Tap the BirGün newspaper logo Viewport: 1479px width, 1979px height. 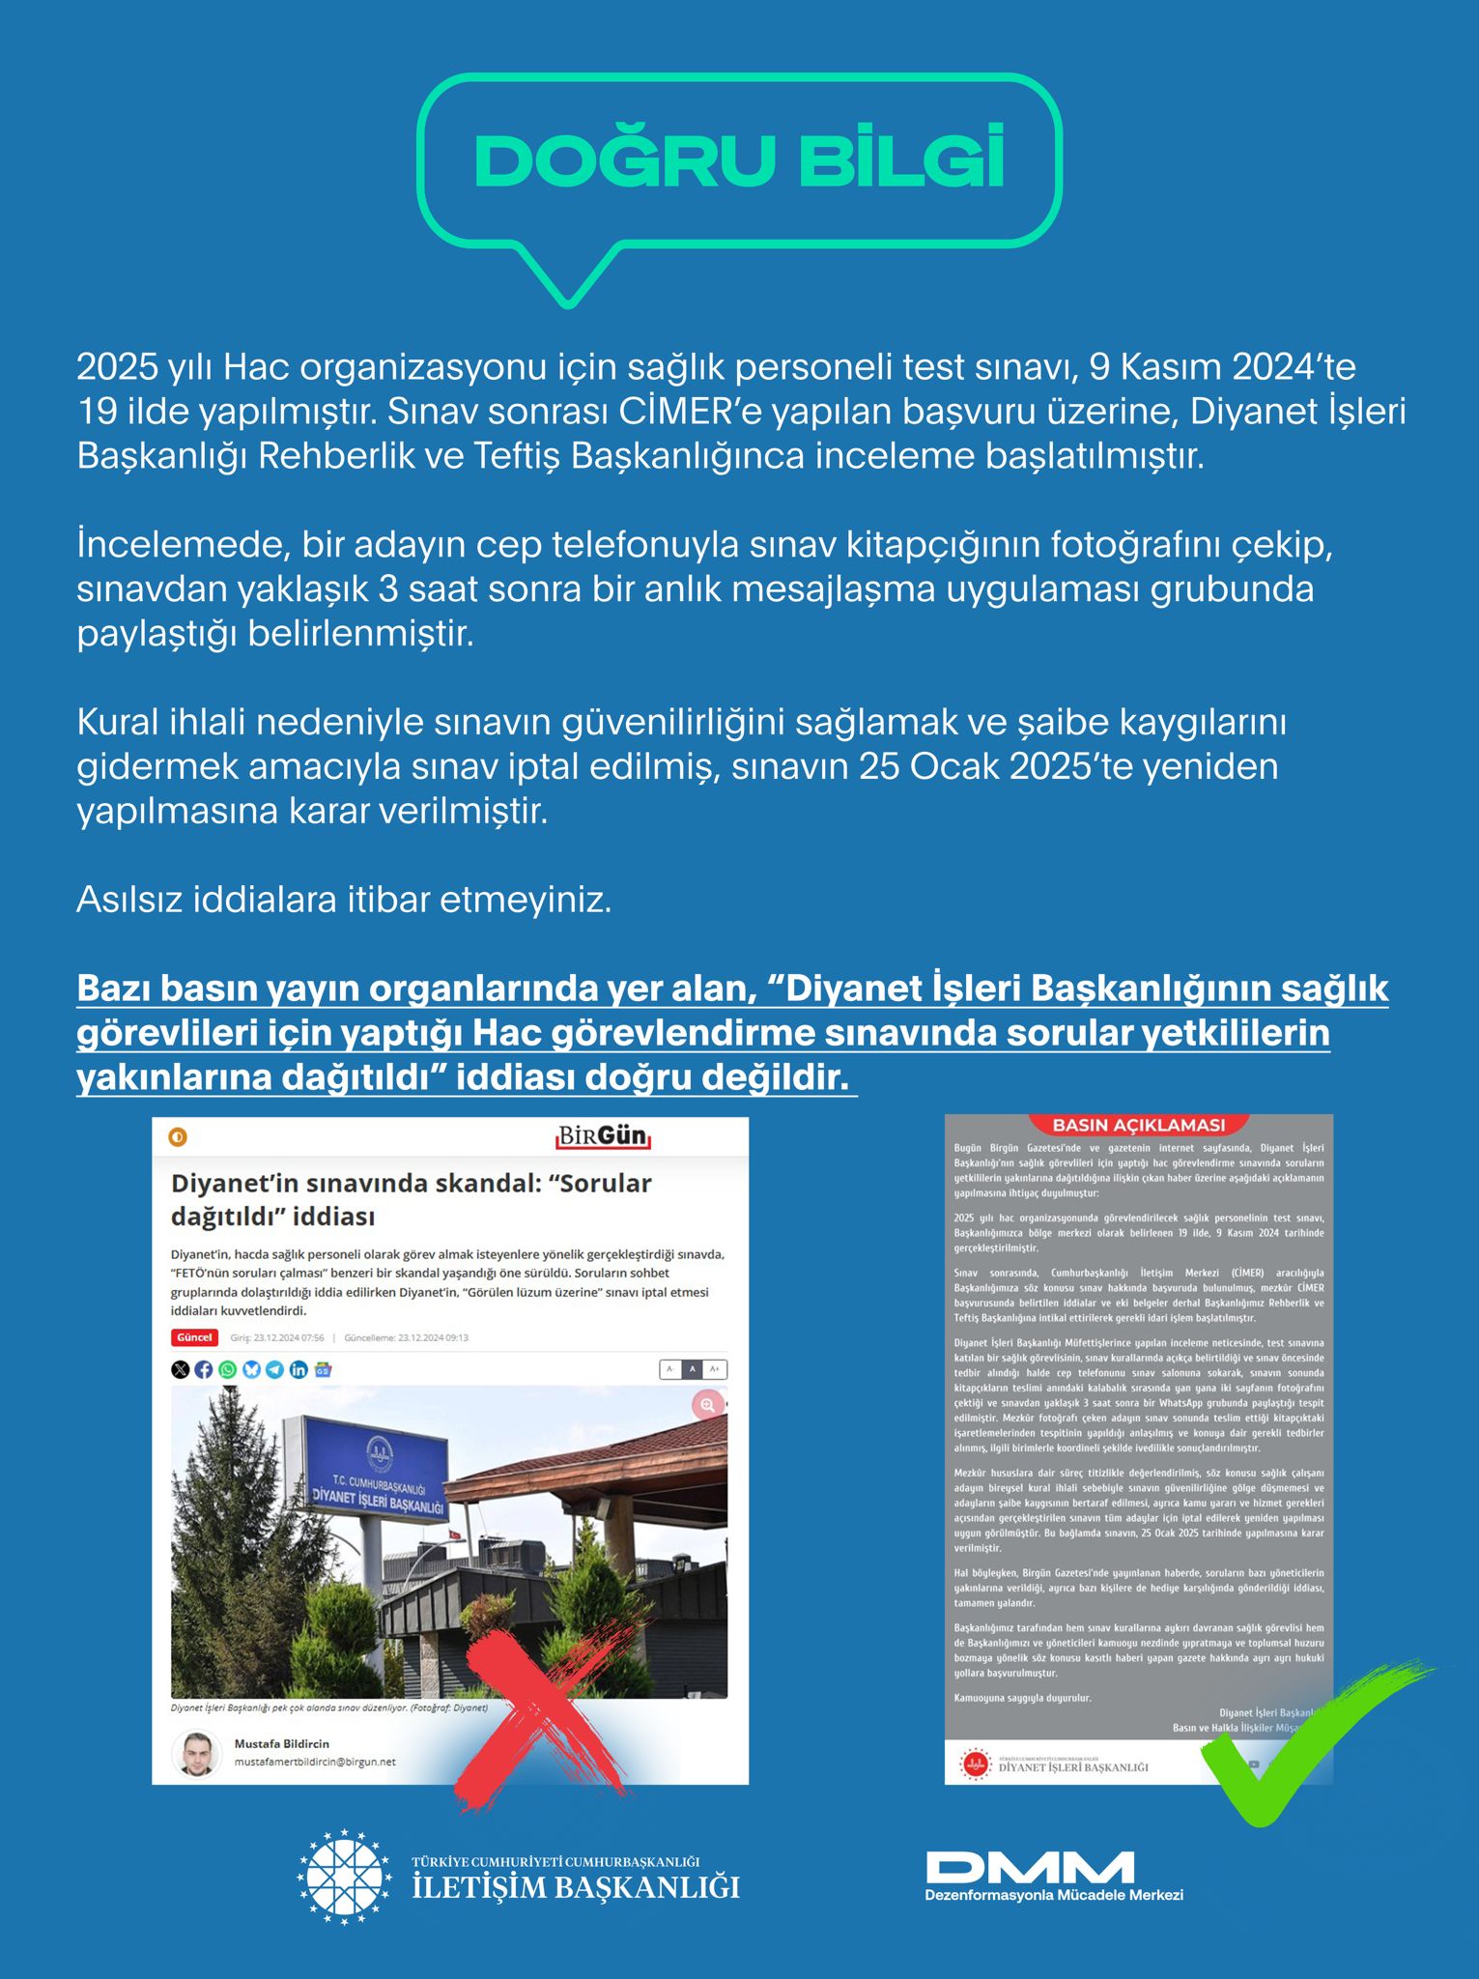603,1136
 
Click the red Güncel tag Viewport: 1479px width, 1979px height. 194,1337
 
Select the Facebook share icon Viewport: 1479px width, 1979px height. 204,1369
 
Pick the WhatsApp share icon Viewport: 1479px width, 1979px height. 227,1369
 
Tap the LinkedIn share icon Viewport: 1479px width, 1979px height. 299,1369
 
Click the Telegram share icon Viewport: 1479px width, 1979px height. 275,1369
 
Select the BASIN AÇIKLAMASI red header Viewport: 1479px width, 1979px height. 1138,1126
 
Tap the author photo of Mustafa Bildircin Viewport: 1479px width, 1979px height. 196,1754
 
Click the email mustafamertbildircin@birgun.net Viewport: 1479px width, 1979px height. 315,1762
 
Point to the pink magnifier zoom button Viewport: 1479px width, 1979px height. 707,1405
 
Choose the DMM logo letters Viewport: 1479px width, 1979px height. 1030,1867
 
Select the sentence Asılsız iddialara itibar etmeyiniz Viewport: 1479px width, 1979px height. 344,900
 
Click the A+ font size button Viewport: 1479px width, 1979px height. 715,1369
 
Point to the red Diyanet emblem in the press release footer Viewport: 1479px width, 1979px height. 975,1764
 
